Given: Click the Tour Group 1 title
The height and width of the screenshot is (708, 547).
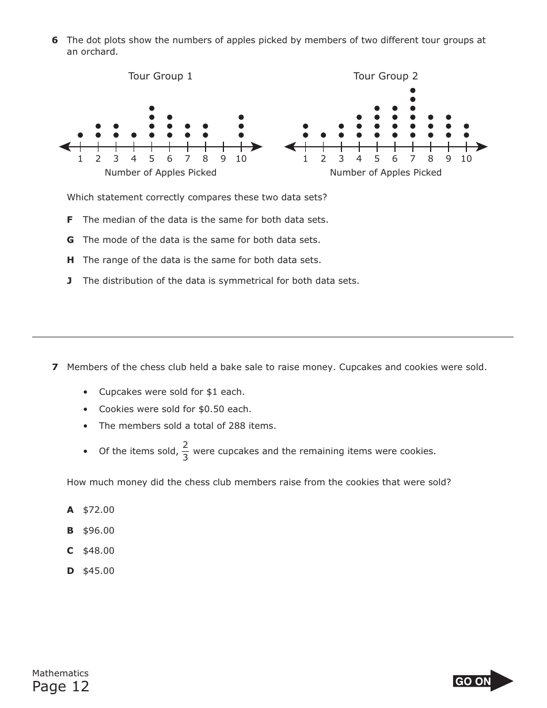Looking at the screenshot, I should (160, 76).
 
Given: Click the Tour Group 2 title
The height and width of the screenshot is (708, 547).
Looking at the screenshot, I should (385, 76).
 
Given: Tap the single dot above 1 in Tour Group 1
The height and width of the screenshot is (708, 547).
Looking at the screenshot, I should (80, 135).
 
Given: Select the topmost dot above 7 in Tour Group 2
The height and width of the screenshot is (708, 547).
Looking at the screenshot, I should (413, 90).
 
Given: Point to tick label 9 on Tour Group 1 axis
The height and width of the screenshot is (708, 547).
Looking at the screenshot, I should (223, 159).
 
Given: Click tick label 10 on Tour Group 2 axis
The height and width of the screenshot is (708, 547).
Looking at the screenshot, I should (466, 159).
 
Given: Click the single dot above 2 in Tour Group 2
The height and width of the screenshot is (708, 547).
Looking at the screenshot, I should (323, 135).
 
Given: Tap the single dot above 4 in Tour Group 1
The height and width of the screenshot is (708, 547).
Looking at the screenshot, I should (134, 135).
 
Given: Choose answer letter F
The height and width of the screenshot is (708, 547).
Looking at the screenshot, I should (70, 220).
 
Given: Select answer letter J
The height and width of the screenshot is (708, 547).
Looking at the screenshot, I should (69, 281).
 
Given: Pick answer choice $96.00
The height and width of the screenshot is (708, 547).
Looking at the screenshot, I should (98, 531).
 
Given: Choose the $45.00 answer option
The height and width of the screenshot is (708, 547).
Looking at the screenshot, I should (98, 571).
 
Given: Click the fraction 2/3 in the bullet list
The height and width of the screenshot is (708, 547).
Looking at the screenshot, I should (185, 451).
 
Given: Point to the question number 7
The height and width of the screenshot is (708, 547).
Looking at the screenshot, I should (55, 367).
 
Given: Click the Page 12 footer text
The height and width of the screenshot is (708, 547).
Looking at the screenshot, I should (60, 687).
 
